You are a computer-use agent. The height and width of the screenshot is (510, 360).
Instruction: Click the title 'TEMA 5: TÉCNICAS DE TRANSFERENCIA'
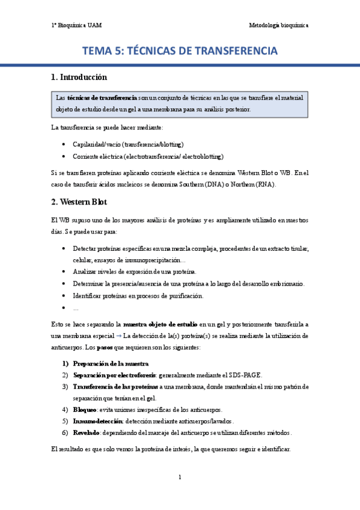tap(180, 51)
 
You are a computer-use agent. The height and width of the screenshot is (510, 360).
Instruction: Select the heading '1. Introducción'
tap(79, 77)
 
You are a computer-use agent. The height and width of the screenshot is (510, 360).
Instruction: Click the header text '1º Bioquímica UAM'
tap(76, 25)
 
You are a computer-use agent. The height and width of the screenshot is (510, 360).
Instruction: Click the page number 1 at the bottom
tap(180, 477)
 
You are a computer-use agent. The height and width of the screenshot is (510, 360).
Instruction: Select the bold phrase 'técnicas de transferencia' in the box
tap(102, 97)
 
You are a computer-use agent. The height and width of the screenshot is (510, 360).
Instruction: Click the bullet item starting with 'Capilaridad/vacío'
tap(127, 144)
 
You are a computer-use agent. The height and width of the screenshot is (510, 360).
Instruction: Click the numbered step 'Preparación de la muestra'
tap(111, 364)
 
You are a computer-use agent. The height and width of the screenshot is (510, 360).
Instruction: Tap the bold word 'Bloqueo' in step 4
tap(85, 410)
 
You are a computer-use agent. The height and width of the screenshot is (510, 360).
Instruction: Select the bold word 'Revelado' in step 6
tap(87, 432)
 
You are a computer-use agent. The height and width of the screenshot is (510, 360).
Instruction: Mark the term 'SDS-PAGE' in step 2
tap(245, 375)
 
